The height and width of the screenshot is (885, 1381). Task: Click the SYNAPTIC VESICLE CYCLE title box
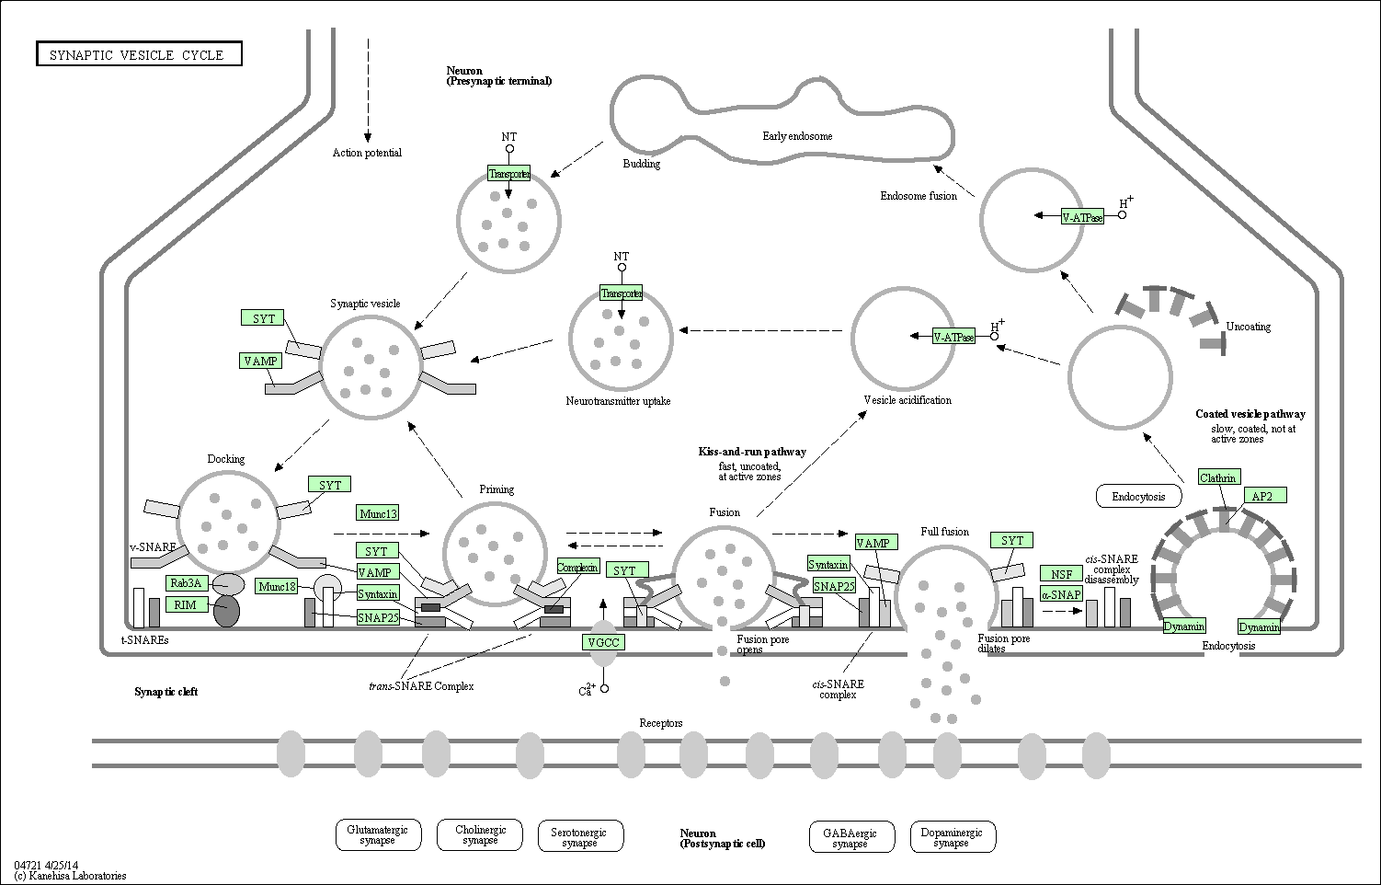click(x=139, y=54)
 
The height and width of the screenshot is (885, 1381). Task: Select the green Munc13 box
click(x=379, y=513)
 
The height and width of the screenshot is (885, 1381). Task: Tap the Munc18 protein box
click(x=277, y=586)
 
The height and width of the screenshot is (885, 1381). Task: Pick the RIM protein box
click(x=186, y=604)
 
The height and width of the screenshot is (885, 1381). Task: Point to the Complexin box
click(x=577, y=567)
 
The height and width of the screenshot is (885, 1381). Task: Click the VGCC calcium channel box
click(x=603, y=641)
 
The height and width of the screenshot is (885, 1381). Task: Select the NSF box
click(x=1062, y=574)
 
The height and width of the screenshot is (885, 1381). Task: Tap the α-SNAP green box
click(x=1061, y=594)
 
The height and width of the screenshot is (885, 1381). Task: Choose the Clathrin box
click(x=1218, y=477)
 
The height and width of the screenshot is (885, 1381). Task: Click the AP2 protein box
click(x=1262, y=496)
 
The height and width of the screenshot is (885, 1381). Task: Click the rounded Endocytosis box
click(x=1138, y=497)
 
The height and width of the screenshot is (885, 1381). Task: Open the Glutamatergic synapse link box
click(x=378, y=834)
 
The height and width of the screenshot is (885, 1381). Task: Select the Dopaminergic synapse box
click(x=952, y=837)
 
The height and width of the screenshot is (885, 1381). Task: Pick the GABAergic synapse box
click(x=850, y=837)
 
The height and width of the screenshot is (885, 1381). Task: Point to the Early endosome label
click(x=797, y=136)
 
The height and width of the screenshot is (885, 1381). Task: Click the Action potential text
click(x=367, y=153)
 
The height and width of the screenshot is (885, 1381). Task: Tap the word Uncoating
click(x=1248, y=327)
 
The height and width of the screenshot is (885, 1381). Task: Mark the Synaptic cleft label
click(x=166, y=692)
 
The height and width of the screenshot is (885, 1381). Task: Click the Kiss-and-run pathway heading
click(x=752, y=452)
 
